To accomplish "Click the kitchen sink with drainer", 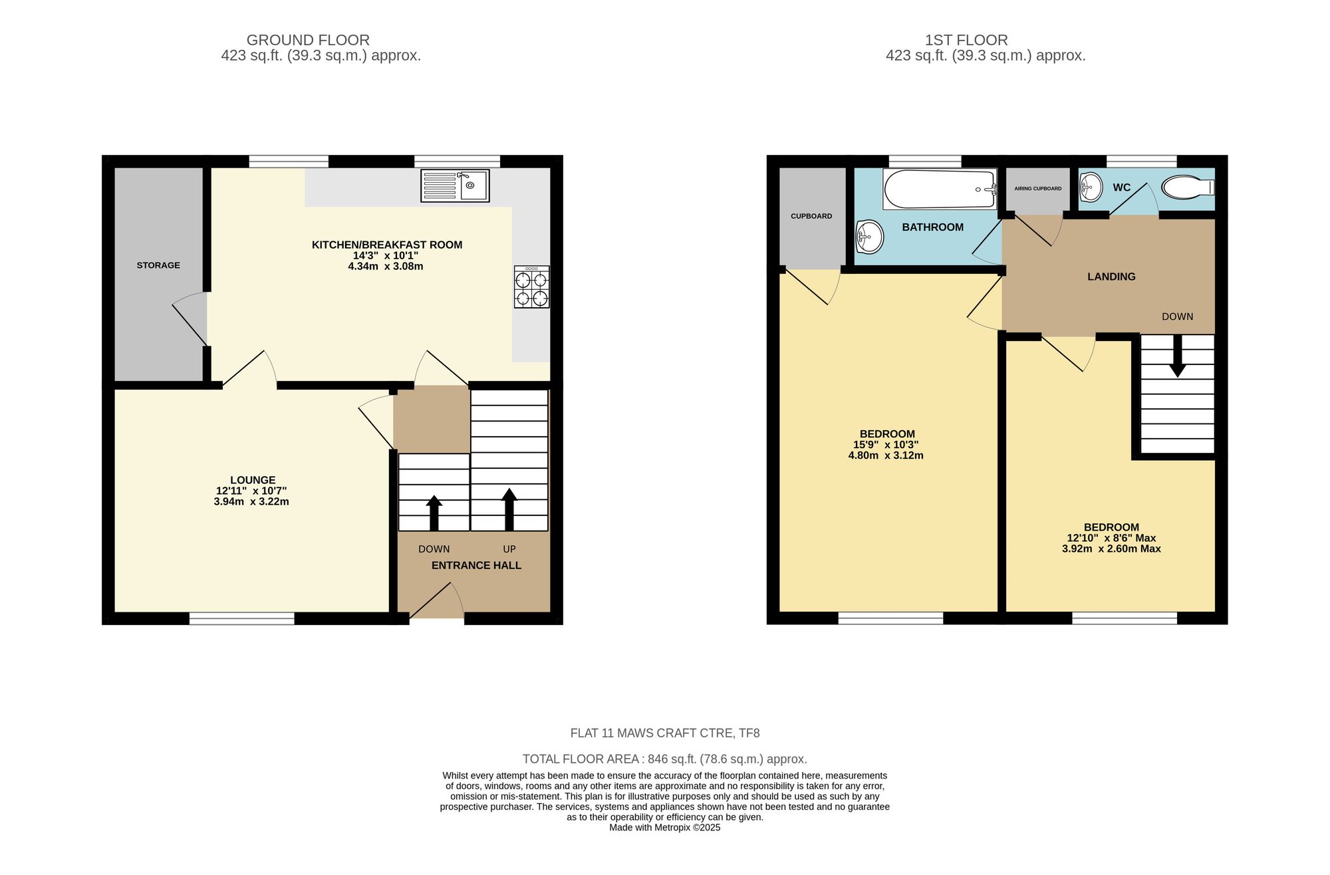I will pyautogui.click(x=455, y=186).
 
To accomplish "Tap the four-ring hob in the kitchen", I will pyautogui.click(x=531, y=287).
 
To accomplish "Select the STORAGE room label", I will pyautogui.click(x=158, y=265).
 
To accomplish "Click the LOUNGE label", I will pyautogui.click(x=253, y=480).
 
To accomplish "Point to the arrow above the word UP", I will pyautogui.click(x=509, y=508).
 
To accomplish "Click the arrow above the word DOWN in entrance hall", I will pyautogui.click(x=434, y=512).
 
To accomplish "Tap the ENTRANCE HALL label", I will pyautogui.click(x=476, y=565).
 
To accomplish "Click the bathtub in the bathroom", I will pyautogui.click(x=940, y=189).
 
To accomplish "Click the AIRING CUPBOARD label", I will pyautogui.click(x=1037, y=189).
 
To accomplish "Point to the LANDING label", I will pyautogui.click(x=1111, y=277).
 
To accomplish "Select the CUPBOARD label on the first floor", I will pyautogui.click(x=811, y=216).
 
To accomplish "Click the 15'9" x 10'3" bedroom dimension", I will pyautogui.click(x=886, y=445).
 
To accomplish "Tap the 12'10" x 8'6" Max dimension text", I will pyautogui.click(x=1111, y=538).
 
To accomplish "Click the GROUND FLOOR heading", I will pyautogui.click(x=308, y=40).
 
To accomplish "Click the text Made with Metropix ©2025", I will pyautogui.click(x=664, y=828).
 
